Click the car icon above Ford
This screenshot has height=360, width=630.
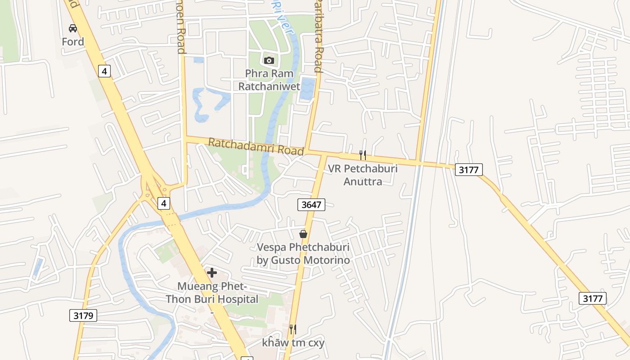tap(73, 28)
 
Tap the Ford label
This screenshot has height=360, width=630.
tap(73, 42)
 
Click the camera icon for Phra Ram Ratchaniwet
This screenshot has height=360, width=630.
tap(269, 60)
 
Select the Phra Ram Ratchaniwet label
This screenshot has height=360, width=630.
tap(269, 80)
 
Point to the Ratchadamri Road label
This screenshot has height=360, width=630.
tap(256, 147)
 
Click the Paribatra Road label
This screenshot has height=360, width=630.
tap(318, 36)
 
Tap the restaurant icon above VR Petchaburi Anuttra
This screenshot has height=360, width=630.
tap(363, 155)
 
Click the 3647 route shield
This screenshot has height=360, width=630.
tap(311, 205)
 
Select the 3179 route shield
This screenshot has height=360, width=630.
tap(83, 315)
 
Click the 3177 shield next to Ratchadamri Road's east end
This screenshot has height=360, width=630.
tap(469, 170)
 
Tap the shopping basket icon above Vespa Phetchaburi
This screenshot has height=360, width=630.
tap(303, 234)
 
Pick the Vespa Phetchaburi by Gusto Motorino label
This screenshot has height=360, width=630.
tap(303, 253)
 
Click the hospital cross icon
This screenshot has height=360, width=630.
tap(212, 272)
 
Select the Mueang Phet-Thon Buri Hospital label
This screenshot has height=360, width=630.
tap(212, 292)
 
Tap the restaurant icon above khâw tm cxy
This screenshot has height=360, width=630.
tap(292, 329)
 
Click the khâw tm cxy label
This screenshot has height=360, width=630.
tap(293, 343)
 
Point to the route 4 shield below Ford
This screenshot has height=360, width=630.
tap(104, 71)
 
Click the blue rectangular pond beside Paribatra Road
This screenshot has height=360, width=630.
tap(308, 89)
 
